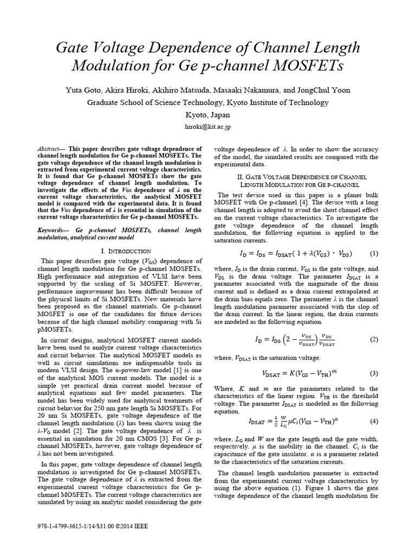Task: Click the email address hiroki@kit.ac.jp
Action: [x=208, y=127]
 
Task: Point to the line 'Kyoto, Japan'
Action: [x=208, y=115]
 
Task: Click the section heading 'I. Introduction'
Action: [x=126, y=251]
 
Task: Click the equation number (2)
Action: [x=374, y=339]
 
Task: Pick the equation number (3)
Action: [x=374, y=373]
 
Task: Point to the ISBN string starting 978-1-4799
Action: [x=70, y=525]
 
